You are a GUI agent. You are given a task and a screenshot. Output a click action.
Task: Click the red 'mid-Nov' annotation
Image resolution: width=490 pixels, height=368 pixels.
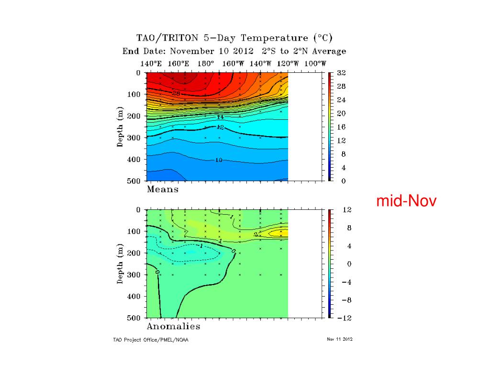406,201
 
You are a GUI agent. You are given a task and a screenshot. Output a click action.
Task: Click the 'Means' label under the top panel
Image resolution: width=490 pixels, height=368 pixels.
162,189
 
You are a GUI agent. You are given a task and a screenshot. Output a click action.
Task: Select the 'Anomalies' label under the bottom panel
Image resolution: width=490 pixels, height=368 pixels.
173,326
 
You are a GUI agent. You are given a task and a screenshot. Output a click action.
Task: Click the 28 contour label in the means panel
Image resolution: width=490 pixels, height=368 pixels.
176,93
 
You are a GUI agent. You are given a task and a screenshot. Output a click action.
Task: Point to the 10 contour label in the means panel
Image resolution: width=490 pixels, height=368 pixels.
219,160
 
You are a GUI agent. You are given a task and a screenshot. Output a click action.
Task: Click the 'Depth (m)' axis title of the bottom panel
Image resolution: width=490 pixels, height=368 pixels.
120,264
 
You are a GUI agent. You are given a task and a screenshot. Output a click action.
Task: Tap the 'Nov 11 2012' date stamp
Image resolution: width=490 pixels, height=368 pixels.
340,340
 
